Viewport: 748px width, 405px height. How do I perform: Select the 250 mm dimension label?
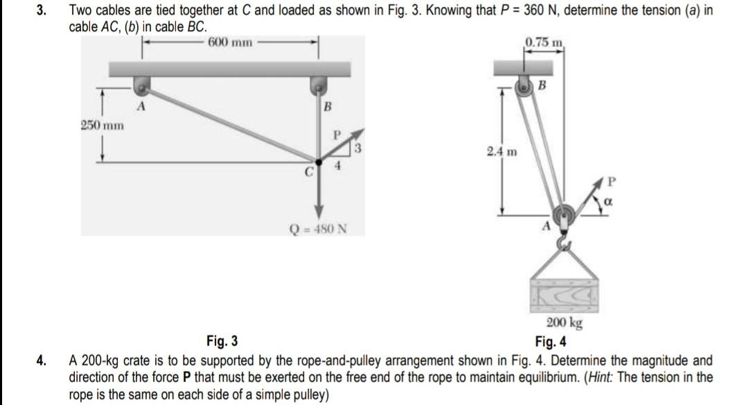[x=101, y=126]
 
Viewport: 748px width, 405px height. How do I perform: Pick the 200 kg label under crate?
[x=564, y=323]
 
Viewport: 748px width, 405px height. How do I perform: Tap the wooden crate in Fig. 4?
[x=563, y=297]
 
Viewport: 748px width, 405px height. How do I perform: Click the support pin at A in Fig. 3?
[x=141, y=86]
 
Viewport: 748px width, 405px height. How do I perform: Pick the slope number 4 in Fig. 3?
[x=339, y=166]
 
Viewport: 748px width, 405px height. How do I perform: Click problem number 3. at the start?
[x=42, y=10]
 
